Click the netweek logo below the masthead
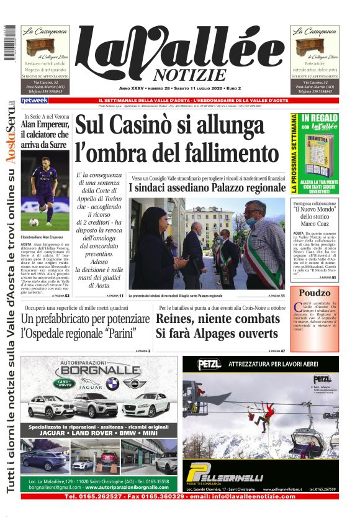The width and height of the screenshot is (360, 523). [34, 101]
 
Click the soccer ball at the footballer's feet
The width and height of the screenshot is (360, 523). [49, 222]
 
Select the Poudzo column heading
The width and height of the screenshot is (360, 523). [315, 293]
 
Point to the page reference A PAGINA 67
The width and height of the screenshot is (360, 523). [273, 351]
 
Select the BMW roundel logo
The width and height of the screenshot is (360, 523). [112, 383]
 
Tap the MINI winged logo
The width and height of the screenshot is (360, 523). [133, 383]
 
